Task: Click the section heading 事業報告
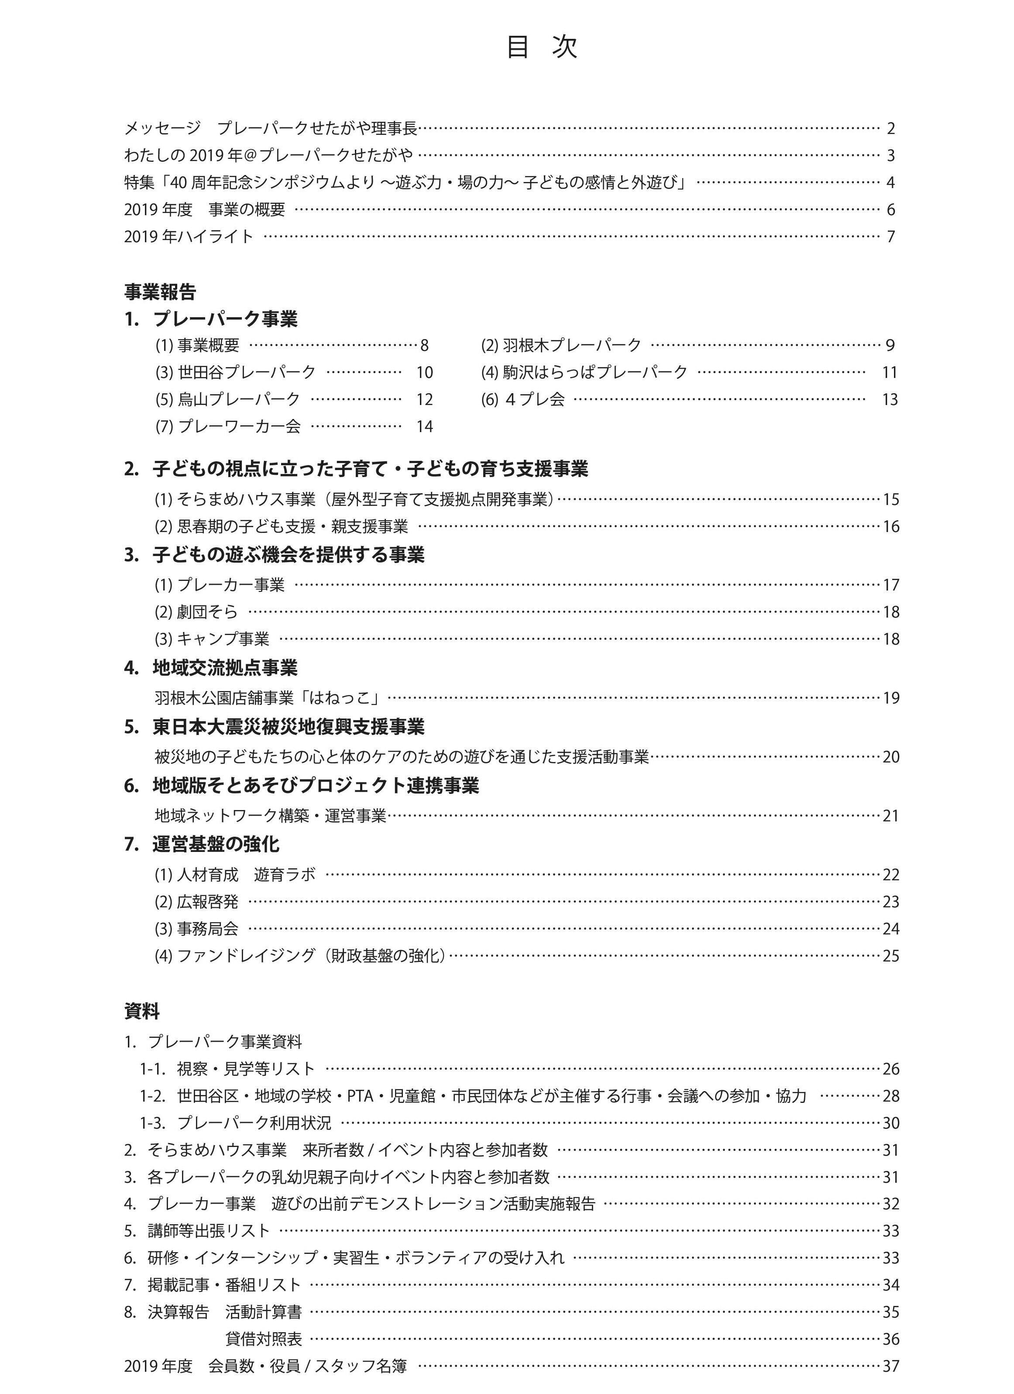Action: click(x=160, y=292)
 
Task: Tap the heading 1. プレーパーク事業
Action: click(x=211, y=319)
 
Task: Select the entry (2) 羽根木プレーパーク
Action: click(x=561, y=345)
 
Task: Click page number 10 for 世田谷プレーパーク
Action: click(x=424, y=372)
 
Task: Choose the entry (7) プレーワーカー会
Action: click(x=228, y=426)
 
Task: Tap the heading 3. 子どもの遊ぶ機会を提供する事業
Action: click(x=274, y=555)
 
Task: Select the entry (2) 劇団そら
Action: click(x=196, y=612)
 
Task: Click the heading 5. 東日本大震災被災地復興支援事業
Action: click(x=274, y=727)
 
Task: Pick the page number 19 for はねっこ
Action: click(x=890, y=698)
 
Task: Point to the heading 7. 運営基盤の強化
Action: click(x=202, y=845)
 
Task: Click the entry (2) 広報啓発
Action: click(x=196, y=902)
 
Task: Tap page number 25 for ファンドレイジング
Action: click(x=890, y=956)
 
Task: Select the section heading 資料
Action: click(x=142, y=1011)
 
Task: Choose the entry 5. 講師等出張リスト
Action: click(x=197, y=1231)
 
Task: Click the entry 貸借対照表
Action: click(x=264, y=1339)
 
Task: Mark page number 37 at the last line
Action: click(x=890, y=1367)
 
